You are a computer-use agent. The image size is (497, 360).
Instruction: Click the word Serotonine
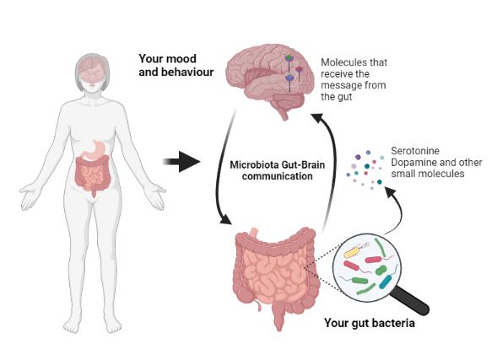[x=415, y=151]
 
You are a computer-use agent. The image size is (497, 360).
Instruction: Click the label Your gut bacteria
[x=370, y=323]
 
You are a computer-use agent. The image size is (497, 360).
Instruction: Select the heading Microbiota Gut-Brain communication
[x=278, y=170]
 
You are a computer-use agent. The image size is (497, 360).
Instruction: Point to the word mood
[x=181, y=58]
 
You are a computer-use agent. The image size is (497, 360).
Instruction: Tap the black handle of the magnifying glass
[x=411, y=301]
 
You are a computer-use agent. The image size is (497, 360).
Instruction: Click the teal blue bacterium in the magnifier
[x=386, y=282]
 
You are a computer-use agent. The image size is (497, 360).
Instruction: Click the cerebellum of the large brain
[x=289, y=101]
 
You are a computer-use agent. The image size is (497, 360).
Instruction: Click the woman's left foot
[x=113, y=325]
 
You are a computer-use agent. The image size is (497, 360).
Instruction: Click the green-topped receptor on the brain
[x=289, y=58]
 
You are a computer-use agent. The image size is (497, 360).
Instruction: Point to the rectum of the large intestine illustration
[x=279, y=317]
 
